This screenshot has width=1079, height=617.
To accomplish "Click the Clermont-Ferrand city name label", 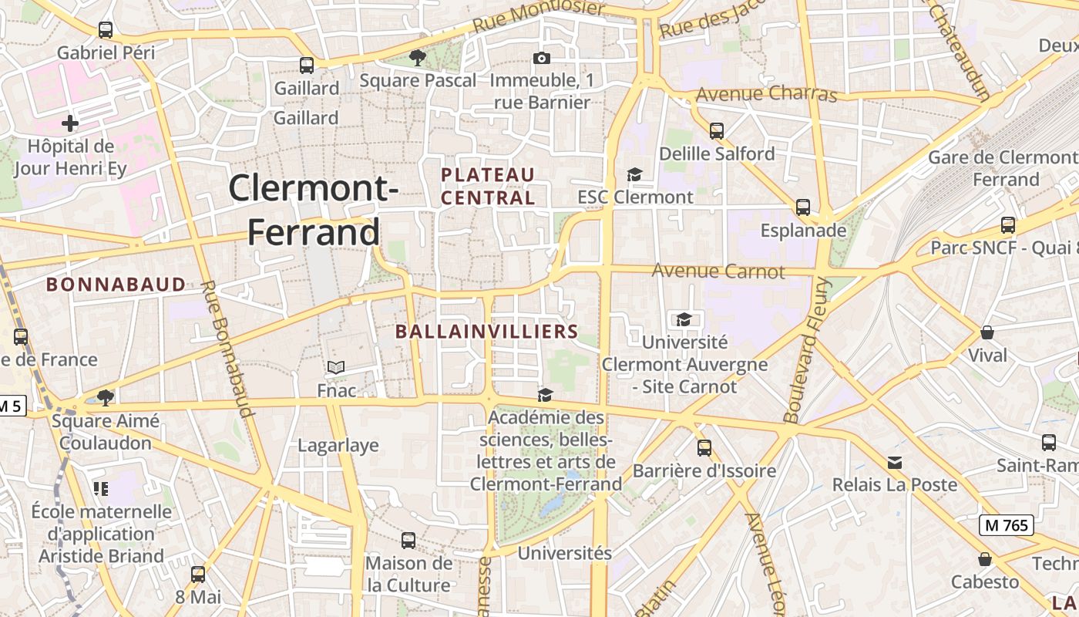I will coord(314,210).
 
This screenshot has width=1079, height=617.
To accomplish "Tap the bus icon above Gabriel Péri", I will coord(106,30).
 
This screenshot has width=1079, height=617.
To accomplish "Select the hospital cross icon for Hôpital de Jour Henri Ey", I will coord(70,123).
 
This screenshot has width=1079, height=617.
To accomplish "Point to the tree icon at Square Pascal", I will coord(417,57).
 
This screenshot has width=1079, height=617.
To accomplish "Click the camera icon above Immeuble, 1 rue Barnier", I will coord(542,58).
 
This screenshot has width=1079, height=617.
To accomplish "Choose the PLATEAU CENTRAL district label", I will coord(488,186).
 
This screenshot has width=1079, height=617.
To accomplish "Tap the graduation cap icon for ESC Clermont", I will coord(634,175).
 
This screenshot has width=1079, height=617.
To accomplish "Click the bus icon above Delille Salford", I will coord(717,131).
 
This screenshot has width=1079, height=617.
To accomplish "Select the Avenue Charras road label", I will coord(766,94).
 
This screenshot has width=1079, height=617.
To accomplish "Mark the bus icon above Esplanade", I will coord(803,207).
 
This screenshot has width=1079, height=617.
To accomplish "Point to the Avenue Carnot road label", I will coord(718,271).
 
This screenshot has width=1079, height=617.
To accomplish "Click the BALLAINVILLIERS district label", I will coord(486,332).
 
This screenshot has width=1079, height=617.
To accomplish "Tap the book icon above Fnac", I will coord(336,368).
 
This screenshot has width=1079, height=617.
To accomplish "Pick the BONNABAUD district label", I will coord(116,285).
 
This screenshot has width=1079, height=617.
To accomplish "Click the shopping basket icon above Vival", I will coord(987,332).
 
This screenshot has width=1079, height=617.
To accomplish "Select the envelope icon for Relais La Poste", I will coord(894,463).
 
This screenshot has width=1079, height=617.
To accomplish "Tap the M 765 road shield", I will coord(1006,525).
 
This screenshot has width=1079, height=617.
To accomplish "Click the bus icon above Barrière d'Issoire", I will coord(704,448).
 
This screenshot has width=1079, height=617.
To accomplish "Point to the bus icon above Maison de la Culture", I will coord(408,541).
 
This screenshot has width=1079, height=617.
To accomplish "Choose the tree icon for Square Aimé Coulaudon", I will coord(106,398).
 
